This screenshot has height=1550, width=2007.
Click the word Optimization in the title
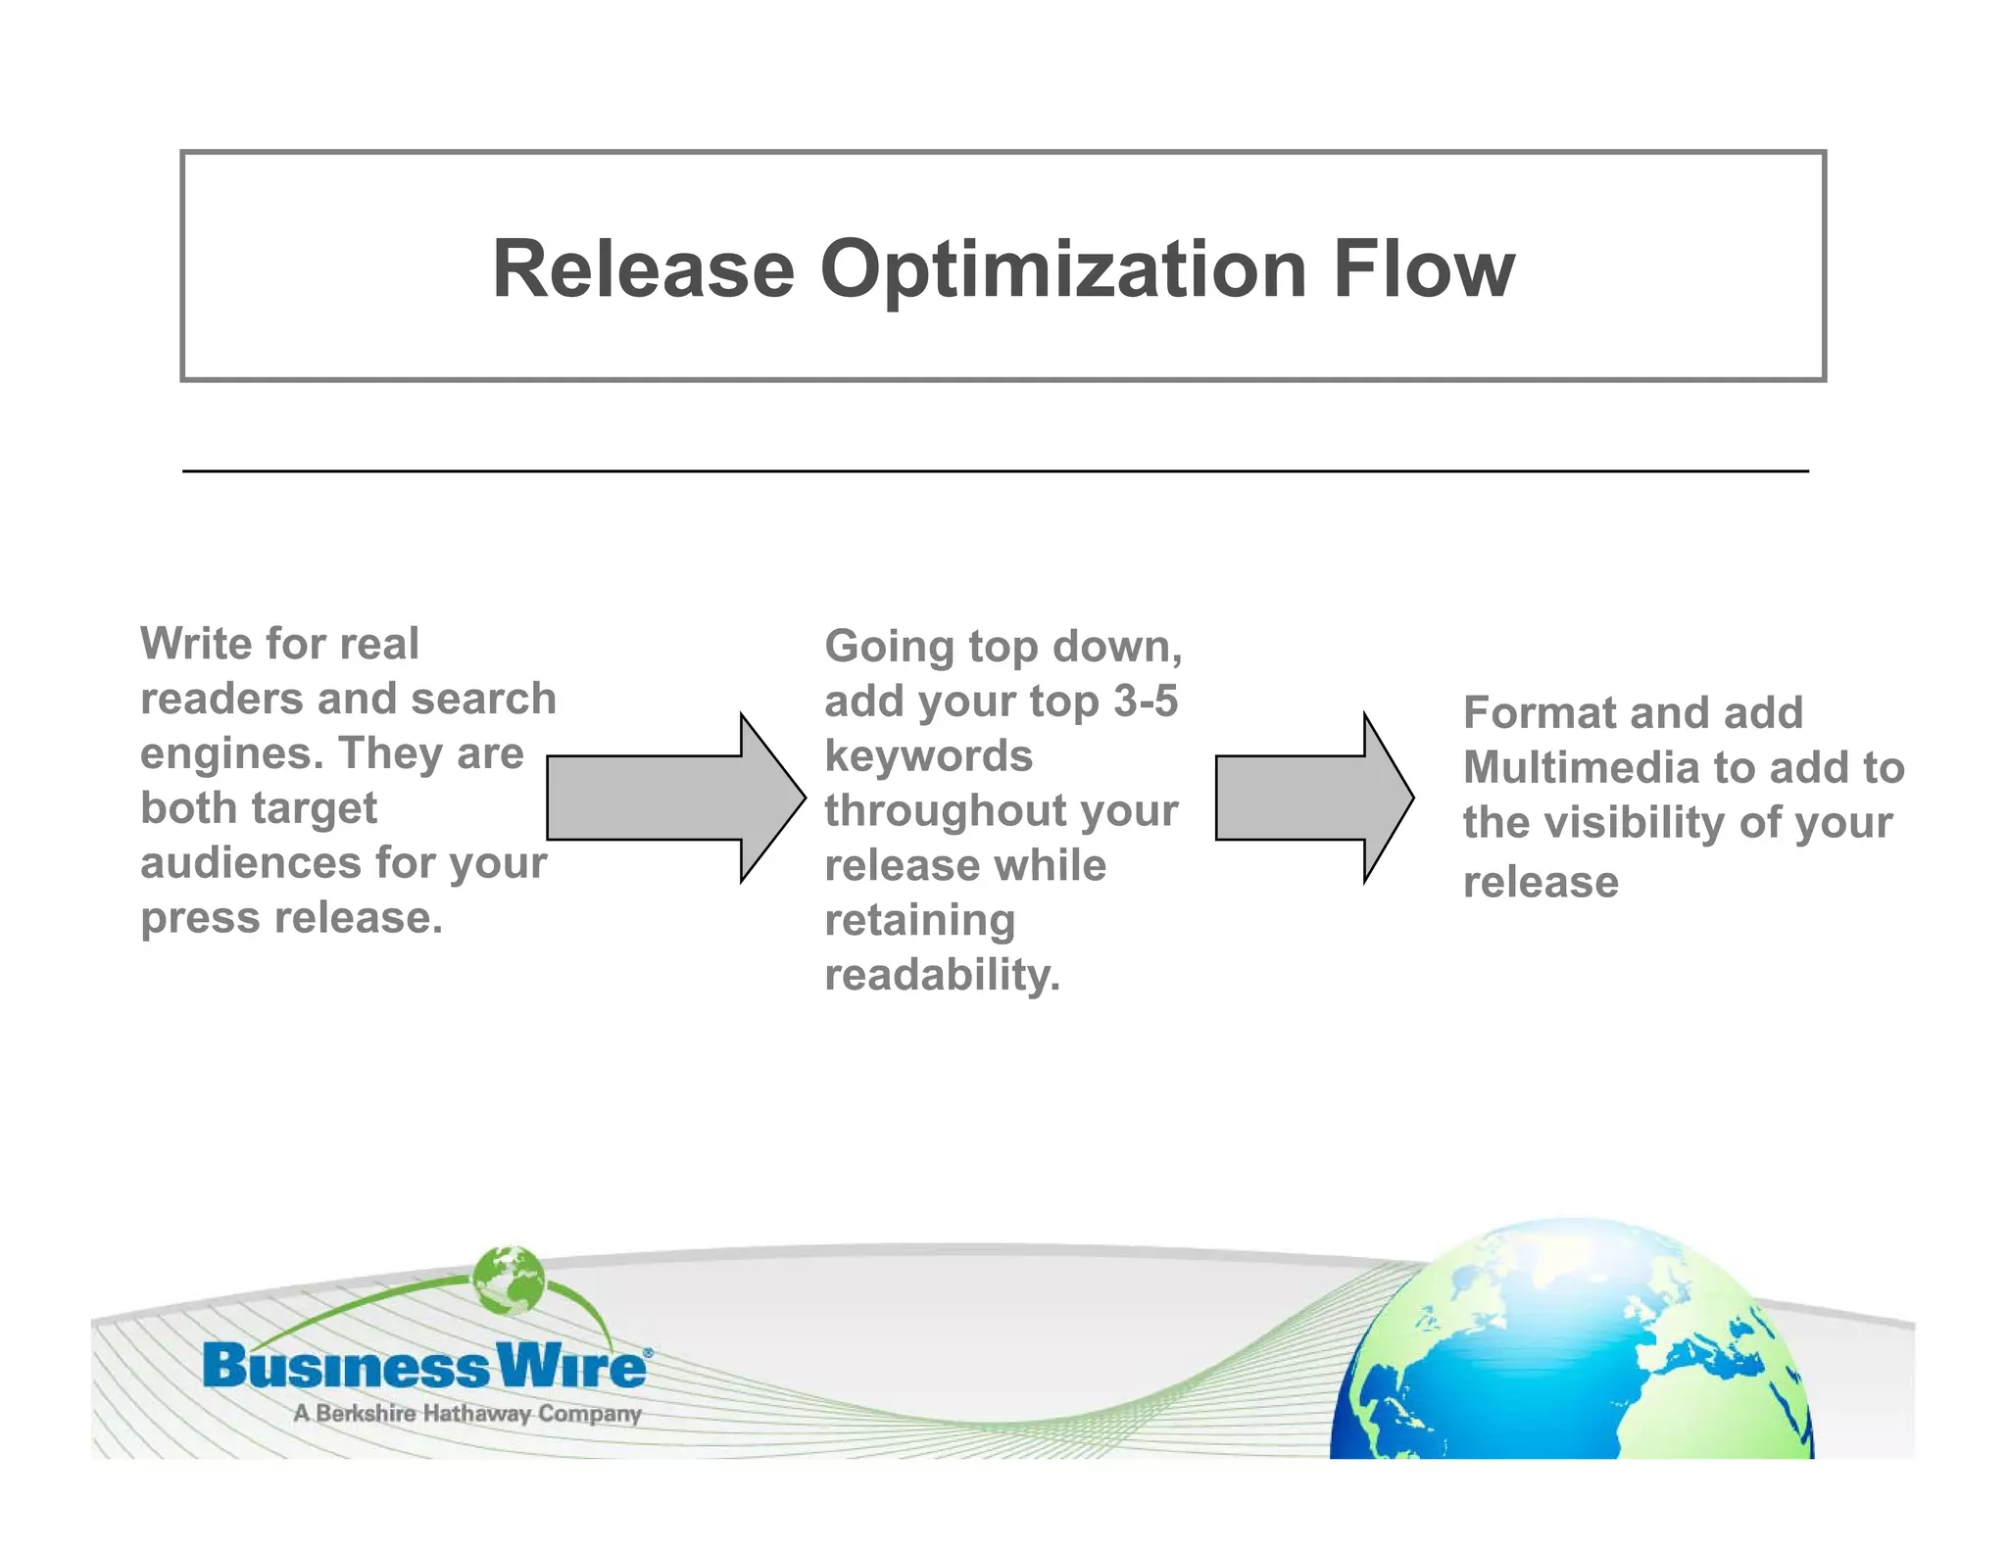pyautogui.click(x=1062, y=270)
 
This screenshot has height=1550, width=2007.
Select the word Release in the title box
pyautogui.click(x=643, y=268)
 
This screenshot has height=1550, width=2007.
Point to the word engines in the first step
pyautogui.click(x=231, y=753)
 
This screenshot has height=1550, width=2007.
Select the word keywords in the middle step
pyautogui.click(x=928, y=756)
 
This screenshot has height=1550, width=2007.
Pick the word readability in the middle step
pyautogui.click(x=942, y=976)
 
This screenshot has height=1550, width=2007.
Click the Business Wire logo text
pyautogui.click(x=424, y=1366)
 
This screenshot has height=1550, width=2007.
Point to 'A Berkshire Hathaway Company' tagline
pyautogui.click(x=466, y=1414)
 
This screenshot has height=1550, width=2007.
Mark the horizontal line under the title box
pyautogui.click(x=995, y=471)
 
